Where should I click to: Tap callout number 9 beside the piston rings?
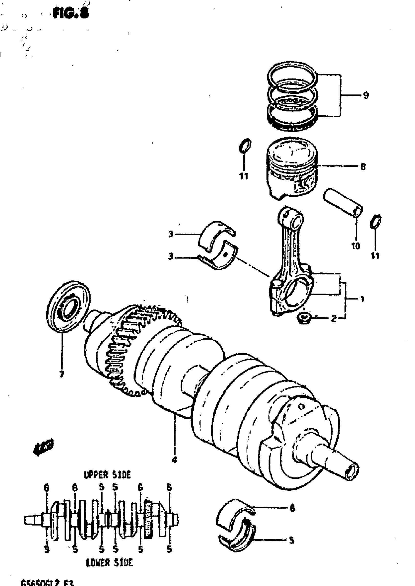click(x=366, y=95)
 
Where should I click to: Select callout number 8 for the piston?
click(x=363, y=167)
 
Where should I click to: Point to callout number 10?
click(x=356, y=246)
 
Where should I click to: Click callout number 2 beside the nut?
click(x=333, y=319)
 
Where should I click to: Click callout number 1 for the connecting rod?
click(x=362, y=299)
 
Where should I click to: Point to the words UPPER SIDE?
click(x=107, y=475)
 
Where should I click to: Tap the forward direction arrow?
click(x=43, y=446)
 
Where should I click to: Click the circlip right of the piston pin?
click(x=376, y=221)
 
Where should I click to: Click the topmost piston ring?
click(x=293, y=77)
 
